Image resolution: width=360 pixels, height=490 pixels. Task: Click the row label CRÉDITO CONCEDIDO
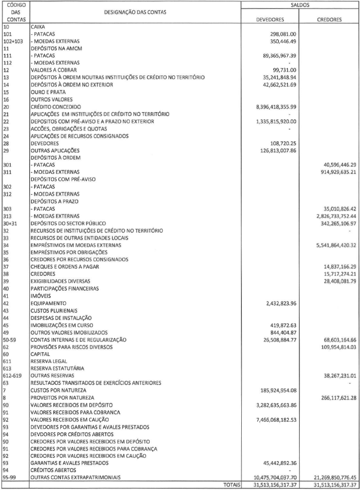click(x=56, y=107)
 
